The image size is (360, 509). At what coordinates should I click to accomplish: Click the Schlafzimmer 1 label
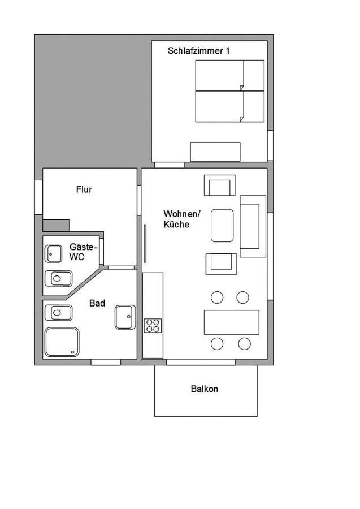click(x=198, y=51)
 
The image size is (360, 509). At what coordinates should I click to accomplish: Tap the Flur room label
click(x=84, y=189)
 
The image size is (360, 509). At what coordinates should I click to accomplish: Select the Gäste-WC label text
click(x=83, y=252)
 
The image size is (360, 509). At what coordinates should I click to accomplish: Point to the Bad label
click(x=97, y=303)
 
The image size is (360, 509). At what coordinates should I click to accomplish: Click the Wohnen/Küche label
click(x=182, y=219)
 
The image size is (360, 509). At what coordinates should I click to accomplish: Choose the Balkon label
click(x=205, y=389)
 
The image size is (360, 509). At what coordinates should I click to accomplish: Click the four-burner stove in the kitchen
click(x=153, y=326)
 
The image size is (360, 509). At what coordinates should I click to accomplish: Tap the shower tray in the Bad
click(x=62, y=342)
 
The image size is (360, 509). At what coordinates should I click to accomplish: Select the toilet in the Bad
click(x=58, y=313)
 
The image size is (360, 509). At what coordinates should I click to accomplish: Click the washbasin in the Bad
click(x=125, y=317)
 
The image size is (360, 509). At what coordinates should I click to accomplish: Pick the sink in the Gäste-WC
click(x=53, y=254)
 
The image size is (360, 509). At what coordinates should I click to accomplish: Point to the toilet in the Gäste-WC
click(x=58, y=278)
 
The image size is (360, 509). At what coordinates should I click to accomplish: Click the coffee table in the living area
click(x=222, y=226)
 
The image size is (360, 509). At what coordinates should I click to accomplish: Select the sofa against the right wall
click(x=253, y=226)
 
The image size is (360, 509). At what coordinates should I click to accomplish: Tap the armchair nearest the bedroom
click(x=220, y=186)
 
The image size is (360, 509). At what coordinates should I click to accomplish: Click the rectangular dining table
click(x=232, y=322)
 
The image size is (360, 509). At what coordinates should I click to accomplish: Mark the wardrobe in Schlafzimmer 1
click(x=215, y=152)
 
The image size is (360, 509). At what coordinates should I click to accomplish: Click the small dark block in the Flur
click(x=56, y=225)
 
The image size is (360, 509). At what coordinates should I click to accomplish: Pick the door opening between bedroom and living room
click(x=170, y=165)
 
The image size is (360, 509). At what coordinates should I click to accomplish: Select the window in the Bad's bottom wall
click(x=106, y=362)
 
